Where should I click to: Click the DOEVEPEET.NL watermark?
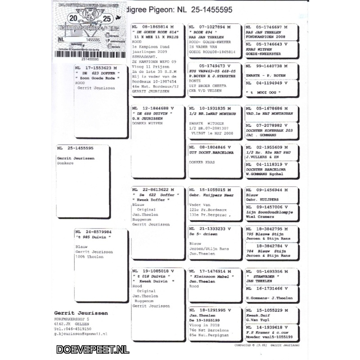(x=93, y=349)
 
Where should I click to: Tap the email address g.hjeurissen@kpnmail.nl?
(x=81, y=334)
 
